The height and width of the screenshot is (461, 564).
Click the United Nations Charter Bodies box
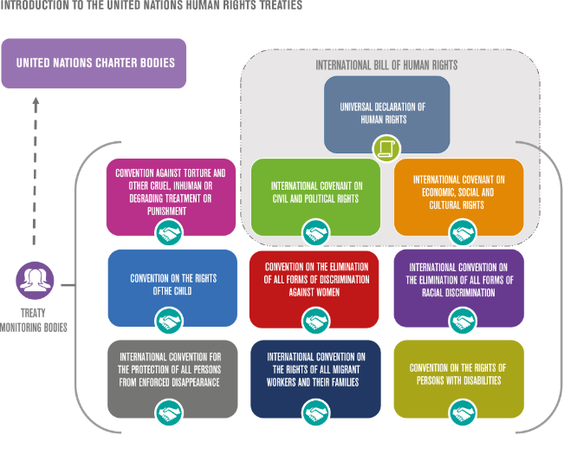94,62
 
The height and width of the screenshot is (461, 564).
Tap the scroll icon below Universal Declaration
386,148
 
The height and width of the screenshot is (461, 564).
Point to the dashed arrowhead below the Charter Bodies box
36,101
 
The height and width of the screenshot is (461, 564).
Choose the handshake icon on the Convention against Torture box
170,233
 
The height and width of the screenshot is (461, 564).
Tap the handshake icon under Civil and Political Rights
315,233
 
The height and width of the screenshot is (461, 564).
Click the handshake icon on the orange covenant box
463,233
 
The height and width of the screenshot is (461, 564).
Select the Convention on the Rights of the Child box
172,283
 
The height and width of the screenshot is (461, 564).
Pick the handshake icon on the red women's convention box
315,321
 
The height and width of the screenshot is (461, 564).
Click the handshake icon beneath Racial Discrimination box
463,321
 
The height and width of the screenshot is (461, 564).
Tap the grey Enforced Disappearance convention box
172,373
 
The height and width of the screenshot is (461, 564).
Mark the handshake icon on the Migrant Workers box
315,412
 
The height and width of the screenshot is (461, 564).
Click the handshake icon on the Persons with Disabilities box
463,412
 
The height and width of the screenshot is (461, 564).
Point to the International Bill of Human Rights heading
386,65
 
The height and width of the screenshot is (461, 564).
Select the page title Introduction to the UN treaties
151,6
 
